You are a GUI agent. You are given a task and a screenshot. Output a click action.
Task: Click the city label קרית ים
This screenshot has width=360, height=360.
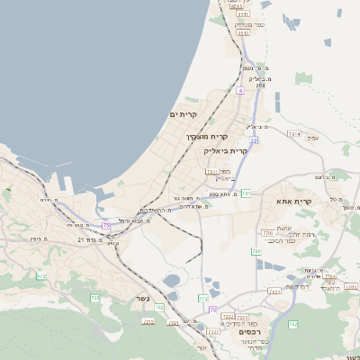coord(183,115)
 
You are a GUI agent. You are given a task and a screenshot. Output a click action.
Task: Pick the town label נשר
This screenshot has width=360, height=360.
coord(142,298)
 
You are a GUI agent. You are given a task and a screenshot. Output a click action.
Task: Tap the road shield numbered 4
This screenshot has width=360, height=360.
coord(240,91)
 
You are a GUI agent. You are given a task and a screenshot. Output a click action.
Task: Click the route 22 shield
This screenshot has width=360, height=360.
coord(255,141)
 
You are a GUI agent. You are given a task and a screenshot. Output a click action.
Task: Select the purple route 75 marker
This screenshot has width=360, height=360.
coord(106,224)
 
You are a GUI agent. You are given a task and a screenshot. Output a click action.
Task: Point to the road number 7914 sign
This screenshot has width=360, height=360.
coord(294,134)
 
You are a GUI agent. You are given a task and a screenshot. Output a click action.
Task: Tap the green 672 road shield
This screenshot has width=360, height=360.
coord(41,276)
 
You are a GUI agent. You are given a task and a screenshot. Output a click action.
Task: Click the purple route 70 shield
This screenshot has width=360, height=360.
coord(212,310)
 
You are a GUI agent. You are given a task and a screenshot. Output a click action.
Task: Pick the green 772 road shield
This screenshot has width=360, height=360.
coord(203,298)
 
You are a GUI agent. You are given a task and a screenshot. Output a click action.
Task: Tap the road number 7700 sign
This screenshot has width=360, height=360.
coord(267,233)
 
